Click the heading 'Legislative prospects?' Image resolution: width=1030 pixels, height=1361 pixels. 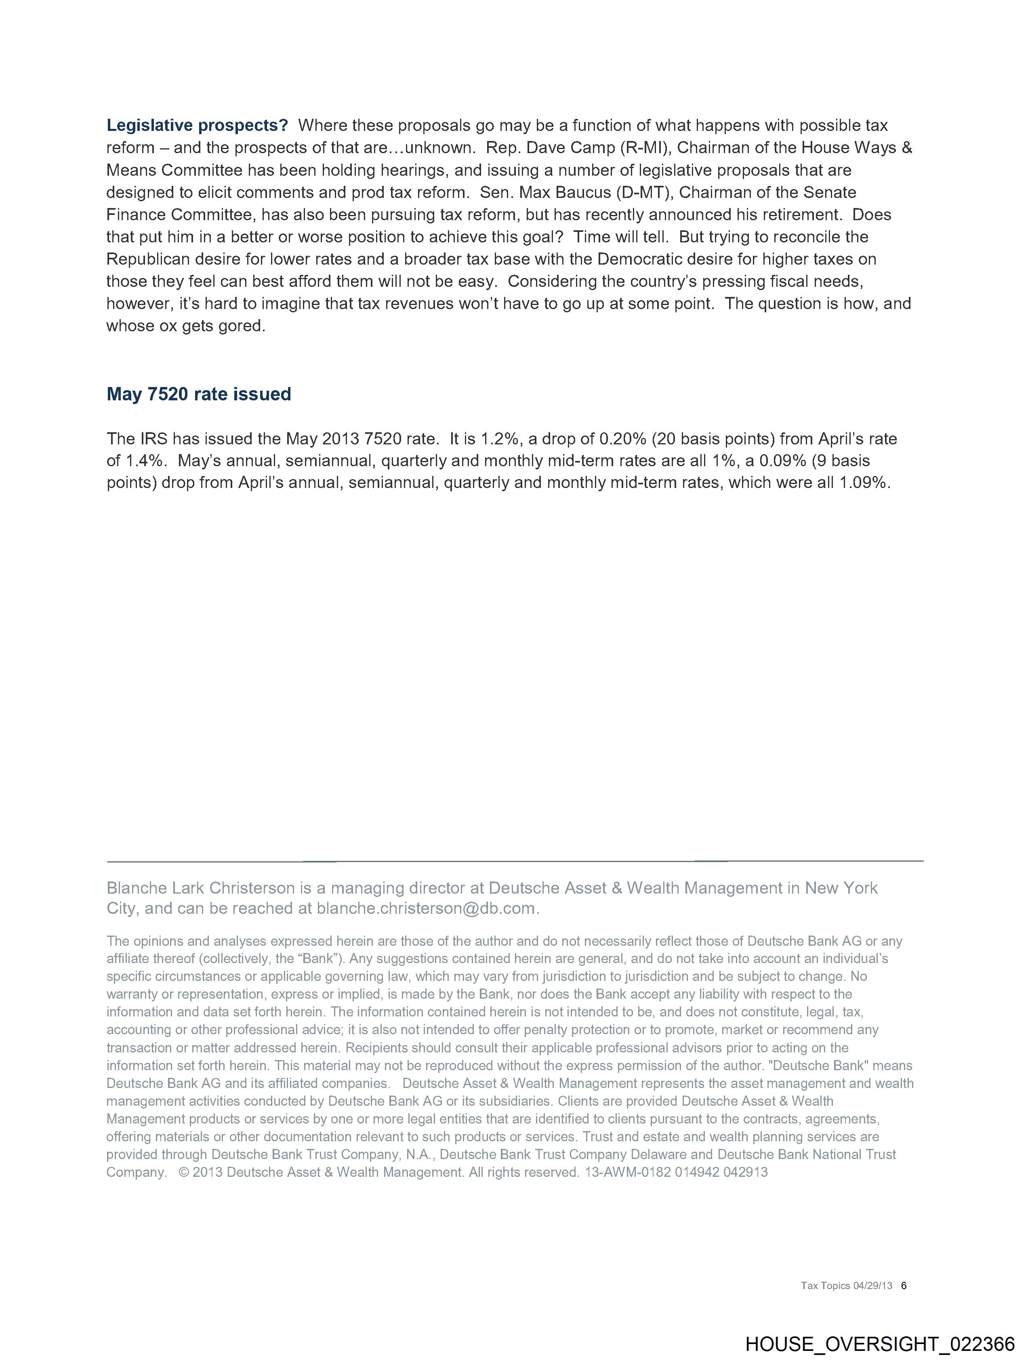(197, 126)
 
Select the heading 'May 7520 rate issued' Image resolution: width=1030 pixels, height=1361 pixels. (199, 394)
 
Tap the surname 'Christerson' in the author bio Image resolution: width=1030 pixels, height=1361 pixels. (252, 888)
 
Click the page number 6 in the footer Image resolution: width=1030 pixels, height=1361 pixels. (904, 1285)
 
